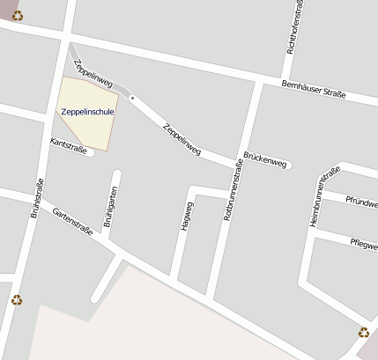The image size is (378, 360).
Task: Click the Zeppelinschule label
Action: pyautogui.click(x=87, y=112)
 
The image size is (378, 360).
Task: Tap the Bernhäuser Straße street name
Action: pyautogui.click(x=314, y=89)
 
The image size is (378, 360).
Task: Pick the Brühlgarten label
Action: pyautogui.click(x=108, y=209)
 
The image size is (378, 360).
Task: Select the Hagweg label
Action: pyautogui.click(x=185, y=214)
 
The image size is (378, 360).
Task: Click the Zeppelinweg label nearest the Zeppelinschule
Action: pyautogui.click(x=94, y=74)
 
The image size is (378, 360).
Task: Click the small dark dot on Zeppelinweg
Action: pyautogui.click(x=132, y=98)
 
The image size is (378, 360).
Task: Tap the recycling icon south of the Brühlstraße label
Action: pyautogui.click(x=17, y=300)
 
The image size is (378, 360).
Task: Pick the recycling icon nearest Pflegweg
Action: pyautogui.click(x=363, y=332)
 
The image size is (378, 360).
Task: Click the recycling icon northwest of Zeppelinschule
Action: pyautogui.click(x=18, y=15)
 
